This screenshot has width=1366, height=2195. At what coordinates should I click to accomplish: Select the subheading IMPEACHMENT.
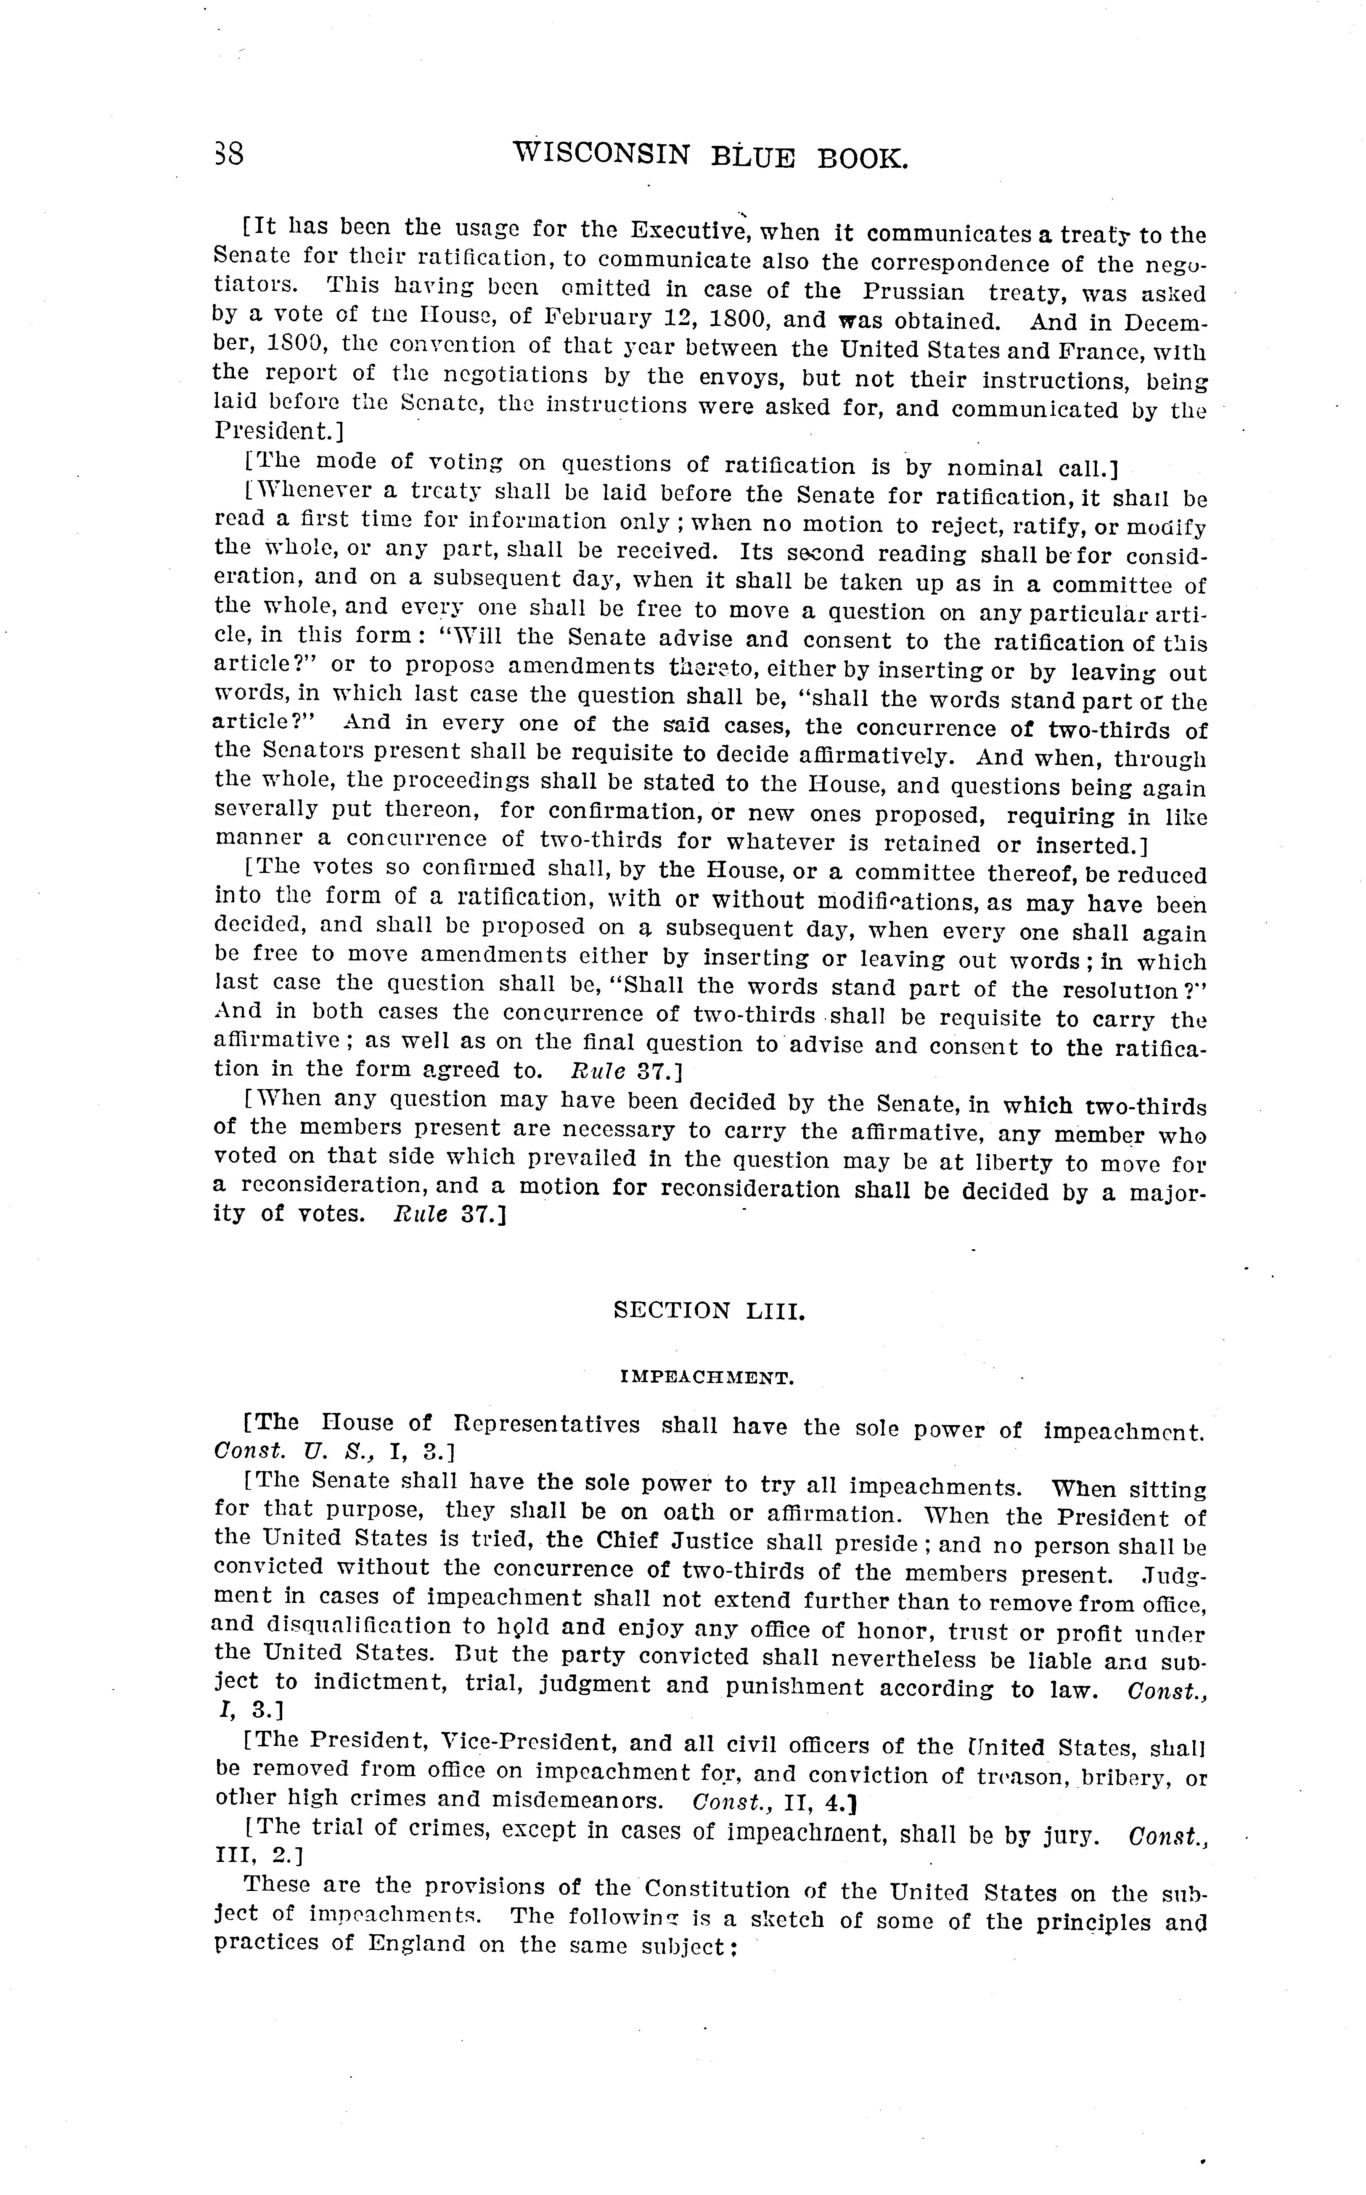(x=707, y=1378)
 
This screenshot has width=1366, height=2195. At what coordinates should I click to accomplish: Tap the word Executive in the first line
(x=687, y=230)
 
